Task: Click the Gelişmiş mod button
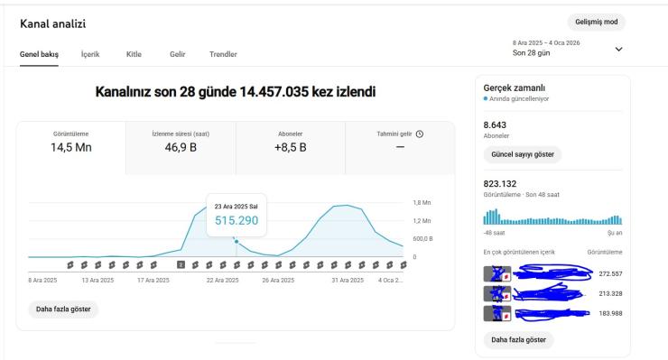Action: point(596,22)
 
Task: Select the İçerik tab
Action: point(90,54)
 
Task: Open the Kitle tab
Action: point(133,54)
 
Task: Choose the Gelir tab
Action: point(177,54)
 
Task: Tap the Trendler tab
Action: point(223,54)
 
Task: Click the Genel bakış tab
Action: point(39,54)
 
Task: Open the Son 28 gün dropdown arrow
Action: point(618,49)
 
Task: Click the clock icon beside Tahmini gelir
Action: point(420,134)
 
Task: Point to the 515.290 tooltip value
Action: point(236,220)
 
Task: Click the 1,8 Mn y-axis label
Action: point(422,203)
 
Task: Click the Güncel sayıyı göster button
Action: point(522,154)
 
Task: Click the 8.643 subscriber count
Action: point(496,124)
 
